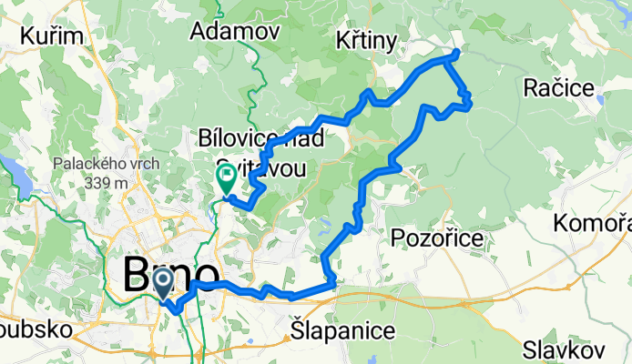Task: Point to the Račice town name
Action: [560, 87]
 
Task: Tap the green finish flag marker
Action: [226, 176]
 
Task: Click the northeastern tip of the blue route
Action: [455, 52]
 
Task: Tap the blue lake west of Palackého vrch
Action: [13, 169]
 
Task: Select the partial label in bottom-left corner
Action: [32, 330]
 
